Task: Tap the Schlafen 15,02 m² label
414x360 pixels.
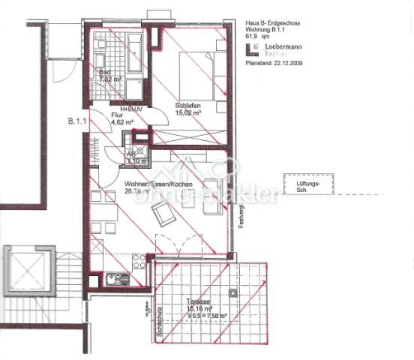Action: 187,110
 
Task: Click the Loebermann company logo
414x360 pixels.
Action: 253,50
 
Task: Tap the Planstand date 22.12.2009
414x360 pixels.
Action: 272,64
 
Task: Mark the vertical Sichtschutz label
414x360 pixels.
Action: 158,320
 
